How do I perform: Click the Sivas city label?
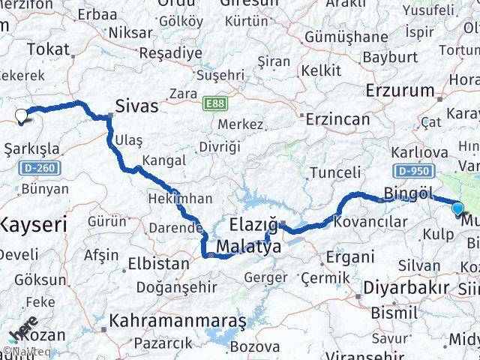[136, 106]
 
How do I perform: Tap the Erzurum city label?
[400, 91]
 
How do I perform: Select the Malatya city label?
[248, 247]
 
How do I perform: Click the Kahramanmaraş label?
[177, 321]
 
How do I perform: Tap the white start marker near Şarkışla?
[22, 116]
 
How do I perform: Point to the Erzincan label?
[337, 119]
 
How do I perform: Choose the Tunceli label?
[335, 172]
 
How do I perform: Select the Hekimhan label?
[180, 199]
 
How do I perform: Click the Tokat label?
[47, 49]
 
